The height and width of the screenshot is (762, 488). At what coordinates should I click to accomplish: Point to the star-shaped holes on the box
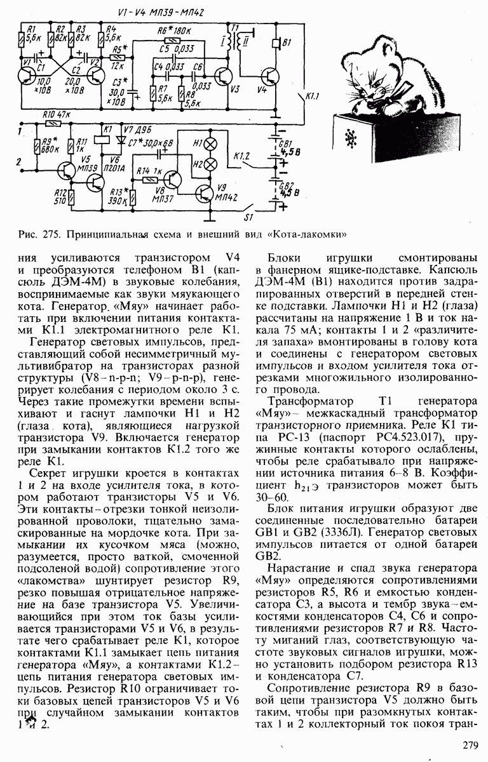[x=349, y=138]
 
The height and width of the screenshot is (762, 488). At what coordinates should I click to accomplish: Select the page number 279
[x=471, y=747]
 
